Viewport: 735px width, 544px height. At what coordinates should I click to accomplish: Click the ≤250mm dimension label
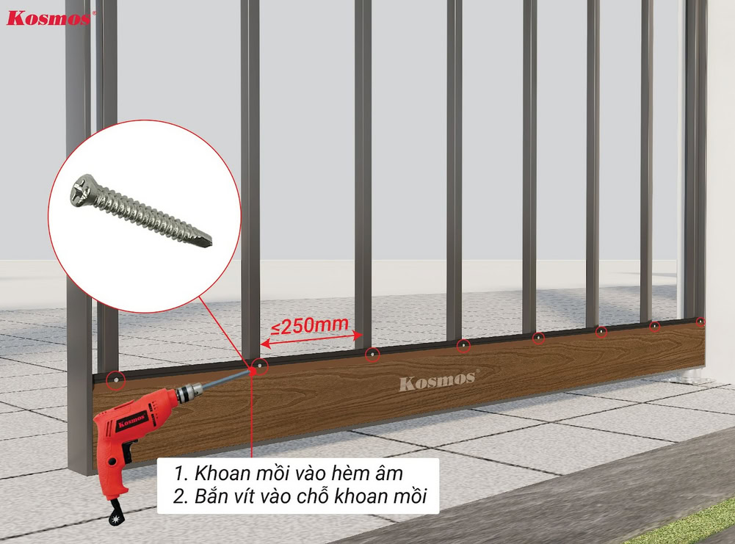309,326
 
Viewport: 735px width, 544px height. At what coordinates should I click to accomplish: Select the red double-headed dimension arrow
311,339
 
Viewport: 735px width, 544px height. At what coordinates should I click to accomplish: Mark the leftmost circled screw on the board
115,380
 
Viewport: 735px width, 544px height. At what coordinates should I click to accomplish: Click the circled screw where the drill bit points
259,366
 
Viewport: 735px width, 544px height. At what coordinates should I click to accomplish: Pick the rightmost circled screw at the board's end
700,322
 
